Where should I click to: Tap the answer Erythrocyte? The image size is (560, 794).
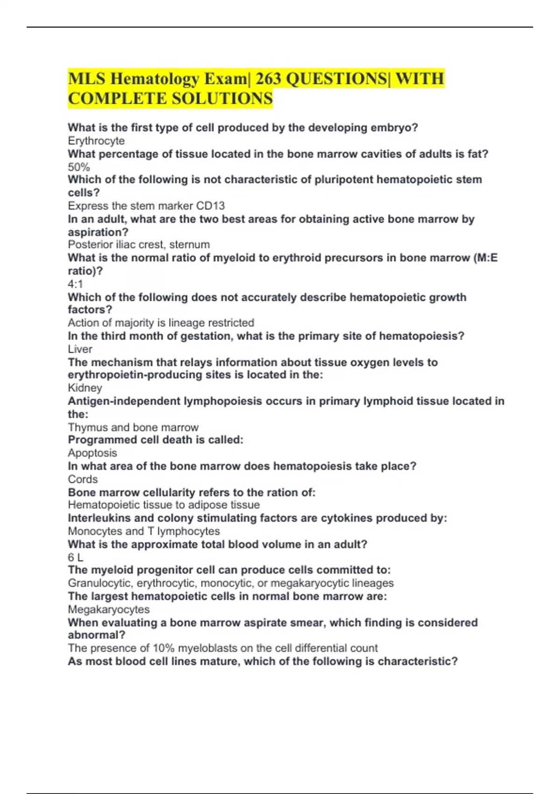pos(96,141)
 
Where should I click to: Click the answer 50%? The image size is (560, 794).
pos(79,167)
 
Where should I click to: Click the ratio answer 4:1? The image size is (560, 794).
pos(75,284)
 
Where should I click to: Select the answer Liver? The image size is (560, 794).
pos(80,349)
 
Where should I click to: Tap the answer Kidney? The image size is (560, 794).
pos(84,388)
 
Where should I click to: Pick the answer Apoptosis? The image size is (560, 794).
pos(92,453)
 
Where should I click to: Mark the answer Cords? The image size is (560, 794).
pos(83,479)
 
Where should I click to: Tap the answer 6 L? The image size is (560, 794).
pos(76,557)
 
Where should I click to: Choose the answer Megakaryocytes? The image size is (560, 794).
pos(109,609)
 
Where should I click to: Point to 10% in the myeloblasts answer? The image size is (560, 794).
pos(163,648)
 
